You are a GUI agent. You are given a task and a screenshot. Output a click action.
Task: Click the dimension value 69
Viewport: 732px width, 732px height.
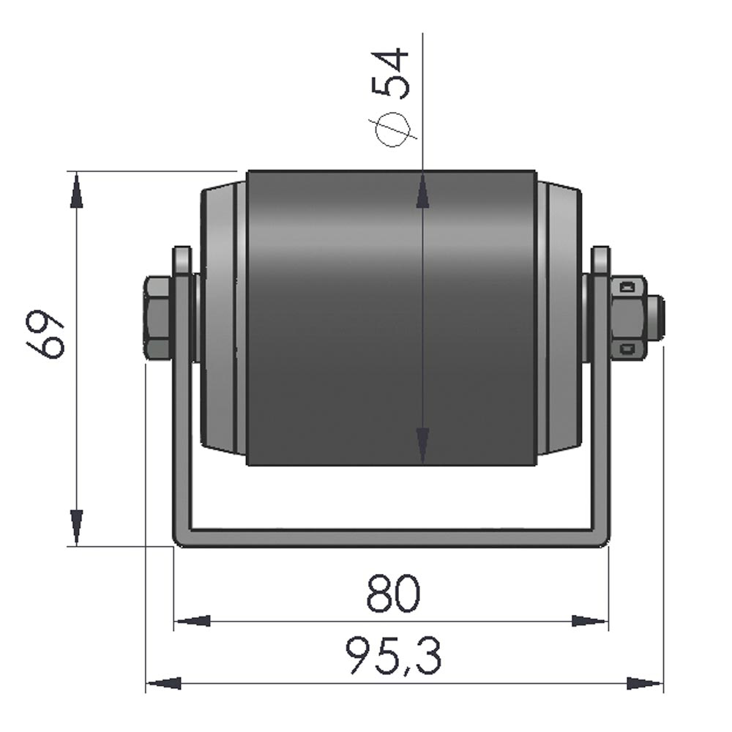(51, 335)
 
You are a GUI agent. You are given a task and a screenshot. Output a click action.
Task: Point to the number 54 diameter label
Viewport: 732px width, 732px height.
(392, 73)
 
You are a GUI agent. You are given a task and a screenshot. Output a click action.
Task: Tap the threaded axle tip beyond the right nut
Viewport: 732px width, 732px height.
(657, 318)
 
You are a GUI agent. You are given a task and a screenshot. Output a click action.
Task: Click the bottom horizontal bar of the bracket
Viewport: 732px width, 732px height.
(392, 537)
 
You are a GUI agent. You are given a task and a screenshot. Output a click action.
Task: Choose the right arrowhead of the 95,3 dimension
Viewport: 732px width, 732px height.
(644, 684)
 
